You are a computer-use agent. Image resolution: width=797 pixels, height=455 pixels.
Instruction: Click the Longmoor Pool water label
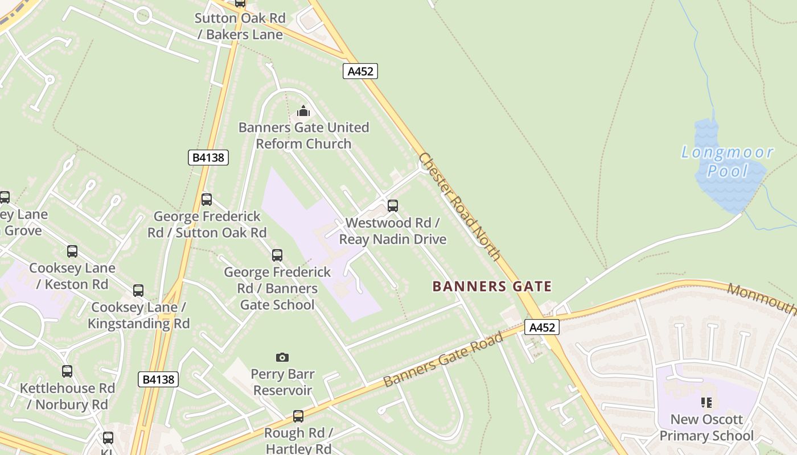tap(727, 161)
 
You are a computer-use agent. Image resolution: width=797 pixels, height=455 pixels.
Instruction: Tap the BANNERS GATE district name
tap(492, 286)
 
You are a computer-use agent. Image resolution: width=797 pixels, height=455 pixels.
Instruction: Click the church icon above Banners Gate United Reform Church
tap(303, 110)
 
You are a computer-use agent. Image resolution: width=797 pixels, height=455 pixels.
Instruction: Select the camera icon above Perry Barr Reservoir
tap(282, 357)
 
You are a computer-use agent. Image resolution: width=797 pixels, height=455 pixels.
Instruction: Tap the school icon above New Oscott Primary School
tap(706, 403)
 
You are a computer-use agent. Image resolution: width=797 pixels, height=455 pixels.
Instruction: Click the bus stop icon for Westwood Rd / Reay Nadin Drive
tap(393, 206)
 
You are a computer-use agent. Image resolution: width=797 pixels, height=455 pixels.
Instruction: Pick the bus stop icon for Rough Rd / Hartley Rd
tap(298, 416)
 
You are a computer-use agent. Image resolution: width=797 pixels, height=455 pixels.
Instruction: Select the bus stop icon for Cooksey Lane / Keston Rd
tap(72, 251)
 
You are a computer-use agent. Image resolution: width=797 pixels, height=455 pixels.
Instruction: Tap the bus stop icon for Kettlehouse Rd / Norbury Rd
tap(67, 371)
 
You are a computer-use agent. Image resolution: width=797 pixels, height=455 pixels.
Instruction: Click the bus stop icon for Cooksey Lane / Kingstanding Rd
tap(138, 291)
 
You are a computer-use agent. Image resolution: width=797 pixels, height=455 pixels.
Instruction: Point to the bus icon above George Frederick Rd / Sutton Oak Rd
tap(207, 200)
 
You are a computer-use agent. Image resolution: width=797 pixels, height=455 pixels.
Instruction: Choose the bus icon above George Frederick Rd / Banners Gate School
tap(277, 255)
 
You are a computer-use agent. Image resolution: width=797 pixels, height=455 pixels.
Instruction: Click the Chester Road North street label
tap(459, 206)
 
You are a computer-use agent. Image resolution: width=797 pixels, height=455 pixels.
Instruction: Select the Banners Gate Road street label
tap(443, 360)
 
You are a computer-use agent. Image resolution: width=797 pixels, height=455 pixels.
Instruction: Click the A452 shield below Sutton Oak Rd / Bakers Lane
tap(360, 71)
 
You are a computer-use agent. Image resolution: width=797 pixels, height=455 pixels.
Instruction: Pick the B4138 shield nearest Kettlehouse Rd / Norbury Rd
tap(158, 379)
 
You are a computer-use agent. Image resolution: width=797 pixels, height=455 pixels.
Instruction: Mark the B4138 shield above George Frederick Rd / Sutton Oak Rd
tap(208, 158)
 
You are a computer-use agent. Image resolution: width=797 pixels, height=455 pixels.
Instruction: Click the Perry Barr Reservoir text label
tap(283, 382)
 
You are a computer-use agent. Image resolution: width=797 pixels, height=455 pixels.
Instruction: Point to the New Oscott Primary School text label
tap(706, 428)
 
